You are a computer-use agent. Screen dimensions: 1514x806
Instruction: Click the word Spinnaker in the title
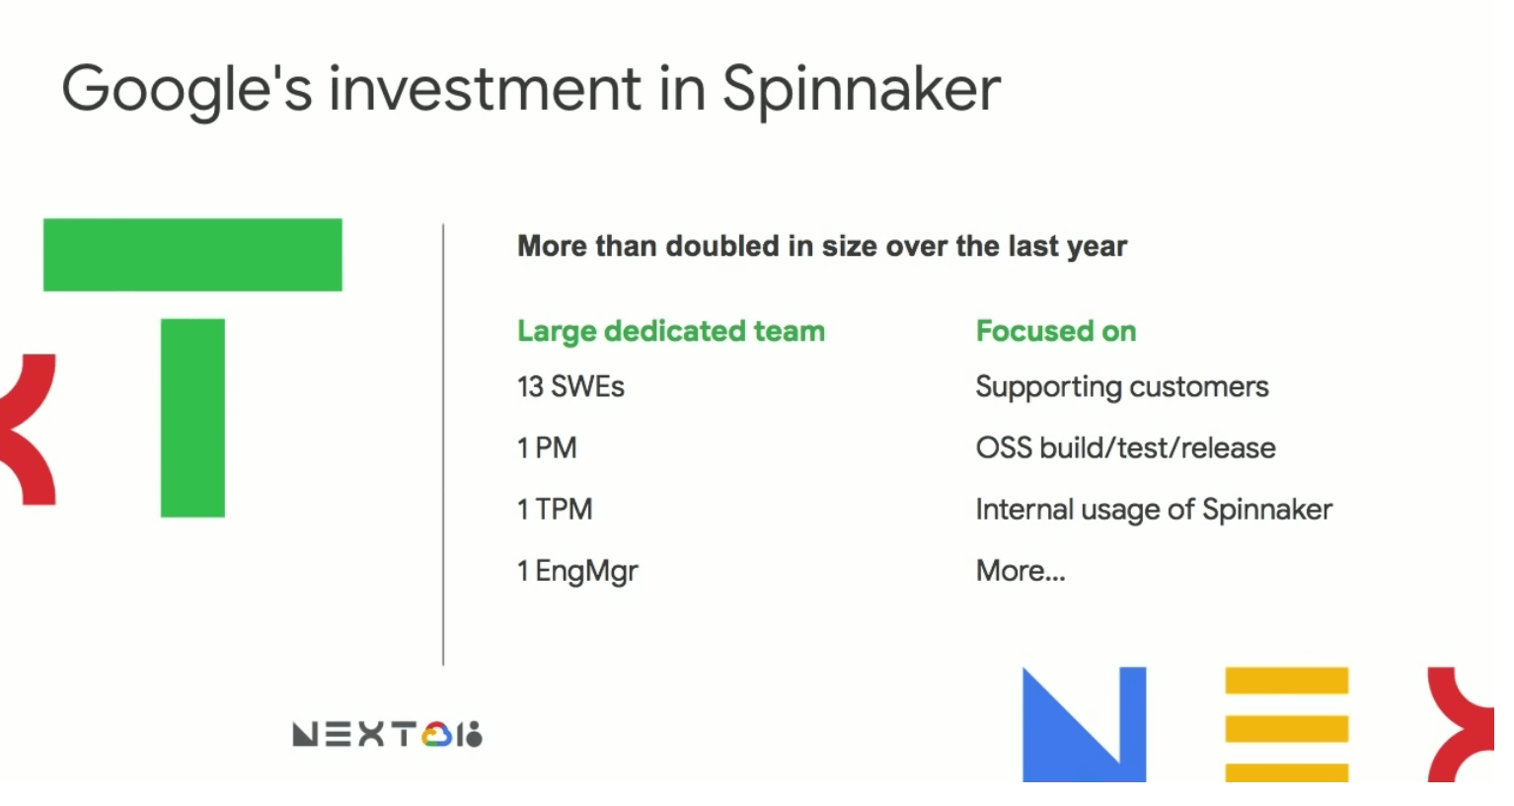click(x=862, y=91)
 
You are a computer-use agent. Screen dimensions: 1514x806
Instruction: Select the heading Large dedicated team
click(x=671, y=332)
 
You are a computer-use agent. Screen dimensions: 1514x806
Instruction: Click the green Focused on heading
click(x=1056, y=331)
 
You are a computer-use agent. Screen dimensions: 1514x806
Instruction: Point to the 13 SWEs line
click(x=571, y=387)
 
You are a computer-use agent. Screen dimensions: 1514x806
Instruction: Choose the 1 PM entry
click(x=547, y=448)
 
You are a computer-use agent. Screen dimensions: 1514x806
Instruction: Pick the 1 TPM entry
click(x=555, y=510)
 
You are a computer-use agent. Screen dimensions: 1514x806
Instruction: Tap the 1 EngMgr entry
click(x=578, y=572)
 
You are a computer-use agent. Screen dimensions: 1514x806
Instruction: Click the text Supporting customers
click(x=1122, y=387)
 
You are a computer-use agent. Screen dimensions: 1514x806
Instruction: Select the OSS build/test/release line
click(x=1125, y=448)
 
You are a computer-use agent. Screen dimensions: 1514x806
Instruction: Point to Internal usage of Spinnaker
click(x=1154, y=510)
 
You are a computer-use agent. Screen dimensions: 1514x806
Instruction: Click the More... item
click(x=1021, y=571)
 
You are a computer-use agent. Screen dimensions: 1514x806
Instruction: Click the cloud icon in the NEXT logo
click(x=436, y=734)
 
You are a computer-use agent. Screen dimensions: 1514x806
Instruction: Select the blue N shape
click(x=1084, y=725)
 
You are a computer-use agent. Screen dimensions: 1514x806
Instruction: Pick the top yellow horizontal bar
click(x=1287, y=681)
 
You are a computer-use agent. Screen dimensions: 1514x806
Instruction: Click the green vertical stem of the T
click(x=192, y=418)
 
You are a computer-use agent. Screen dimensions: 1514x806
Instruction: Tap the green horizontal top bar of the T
click(x=192, y=255)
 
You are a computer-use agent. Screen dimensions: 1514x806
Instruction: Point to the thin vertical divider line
click(x=443, y=444)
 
